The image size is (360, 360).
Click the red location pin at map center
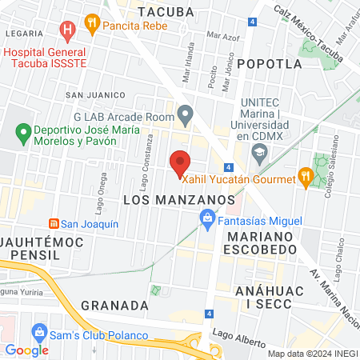point(180,162)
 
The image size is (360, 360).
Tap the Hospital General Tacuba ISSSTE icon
point(67,31)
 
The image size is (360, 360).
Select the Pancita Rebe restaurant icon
point(93,24)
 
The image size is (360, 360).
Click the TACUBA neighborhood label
point(166,12)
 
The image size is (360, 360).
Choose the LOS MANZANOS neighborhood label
point(178,198)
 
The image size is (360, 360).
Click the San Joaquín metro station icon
point(54,224)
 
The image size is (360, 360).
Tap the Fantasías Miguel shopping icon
point(207,217)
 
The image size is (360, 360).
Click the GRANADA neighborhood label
point(115,306)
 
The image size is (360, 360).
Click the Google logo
point(27,350)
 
